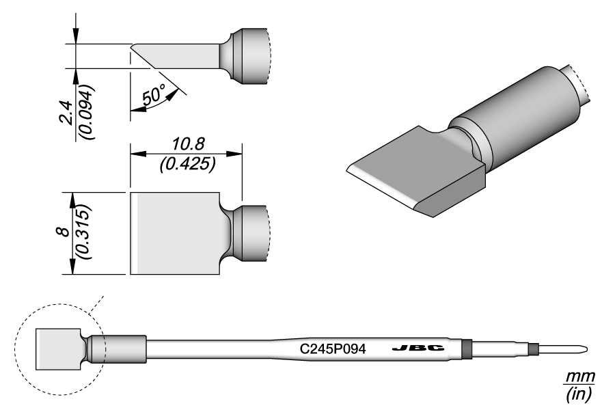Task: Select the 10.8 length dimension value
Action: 187,144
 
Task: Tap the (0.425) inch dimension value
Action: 187,163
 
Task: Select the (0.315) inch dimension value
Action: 86,233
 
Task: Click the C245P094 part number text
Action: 334,348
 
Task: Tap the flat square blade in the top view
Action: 174,233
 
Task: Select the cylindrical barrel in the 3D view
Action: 519,116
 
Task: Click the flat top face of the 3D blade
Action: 410,167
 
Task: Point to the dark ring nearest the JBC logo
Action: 467,348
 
